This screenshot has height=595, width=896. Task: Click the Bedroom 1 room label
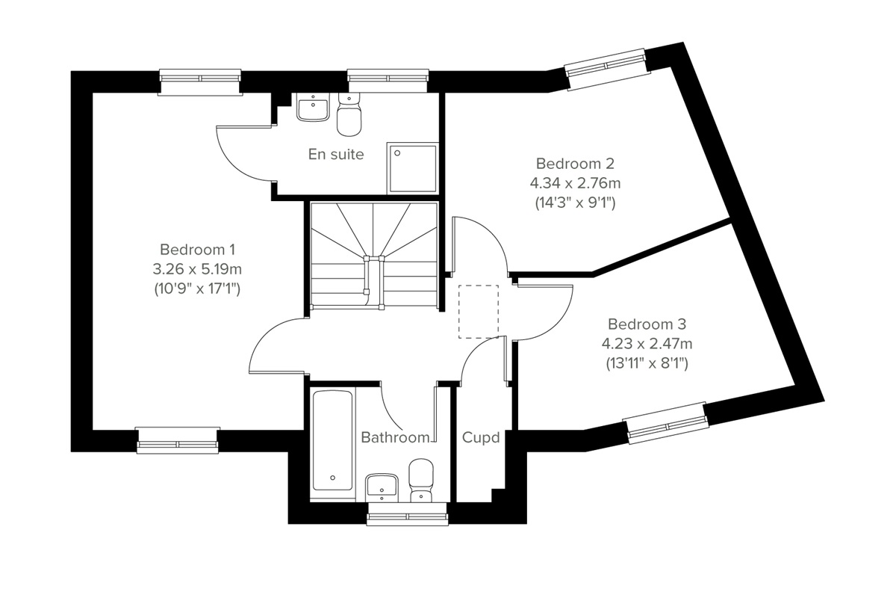pyautogui.click(x=198, y=249)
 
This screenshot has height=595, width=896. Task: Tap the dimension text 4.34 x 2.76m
pyautogui.click(x=574, y=182)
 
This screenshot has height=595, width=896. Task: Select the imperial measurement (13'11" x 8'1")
pyautogui.click(x=646, y=364)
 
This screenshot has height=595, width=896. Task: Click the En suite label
pyautogui.click(x=336, y=155)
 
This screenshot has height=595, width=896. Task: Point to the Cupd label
pyautogui.click(x=481, y=437)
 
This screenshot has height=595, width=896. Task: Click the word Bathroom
pyautogui.click(x=395, y=437)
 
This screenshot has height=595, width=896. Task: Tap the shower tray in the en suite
pyautogui.click(x=411, y=169)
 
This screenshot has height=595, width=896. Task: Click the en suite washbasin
pyautogui.click(x=312, y=108)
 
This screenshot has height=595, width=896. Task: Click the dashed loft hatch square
pyautogui.click(x=478, y=312)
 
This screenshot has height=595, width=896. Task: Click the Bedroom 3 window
pyautogui.click(x=666, y=423)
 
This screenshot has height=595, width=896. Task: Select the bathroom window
pyautogui.click(x=408, y=514)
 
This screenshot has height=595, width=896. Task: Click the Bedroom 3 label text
pyautogui.click(x=647, y=324)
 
